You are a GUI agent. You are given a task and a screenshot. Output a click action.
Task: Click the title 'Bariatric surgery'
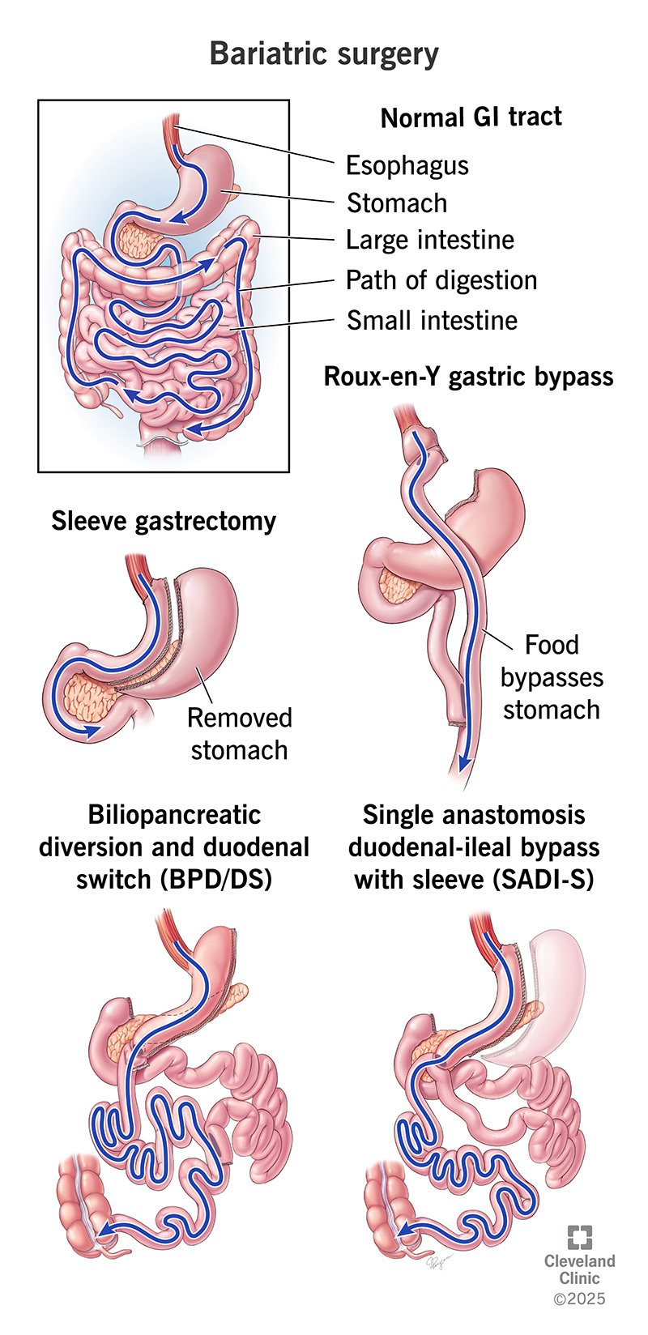click(x=324, y=53)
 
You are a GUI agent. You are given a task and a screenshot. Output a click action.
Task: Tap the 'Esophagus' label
click(x=407, y=165)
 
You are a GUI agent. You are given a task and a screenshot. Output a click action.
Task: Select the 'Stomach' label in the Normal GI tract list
click(x=396, y=203)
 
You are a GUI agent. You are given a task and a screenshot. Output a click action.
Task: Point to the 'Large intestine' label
click(x=429, y=240)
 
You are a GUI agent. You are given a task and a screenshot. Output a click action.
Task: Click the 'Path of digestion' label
click(x=441, y=280)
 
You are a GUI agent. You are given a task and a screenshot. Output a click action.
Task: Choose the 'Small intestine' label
click(x=432, y=320)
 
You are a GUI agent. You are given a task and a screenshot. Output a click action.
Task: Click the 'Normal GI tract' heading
click(x=471, y=117)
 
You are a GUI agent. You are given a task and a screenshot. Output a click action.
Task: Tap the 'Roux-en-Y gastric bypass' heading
click(x=468, y=377)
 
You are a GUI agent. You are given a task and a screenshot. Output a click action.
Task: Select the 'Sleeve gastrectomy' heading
click(x=164, y=521)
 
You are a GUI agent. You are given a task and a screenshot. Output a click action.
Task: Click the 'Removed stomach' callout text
click(x=239, y=734)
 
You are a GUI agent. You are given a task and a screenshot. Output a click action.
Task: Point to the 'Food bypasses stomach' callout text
click(x=552, y=677)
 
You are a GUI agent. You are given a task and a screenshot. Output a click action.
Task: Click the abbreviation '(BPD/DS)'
click(x=215, y=879)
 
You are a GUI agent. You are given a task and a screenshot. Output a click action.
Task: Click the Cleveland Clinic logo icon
click(x=579, y=1237)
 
